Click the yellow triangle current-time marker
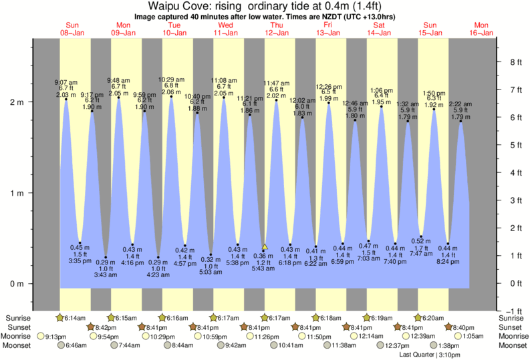[265, 246]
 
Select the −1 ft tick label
[512, 311]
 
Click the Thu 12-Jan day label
[276, 29]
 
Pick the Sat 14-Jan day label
[379, 29]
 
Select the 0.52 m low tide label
[422, 240]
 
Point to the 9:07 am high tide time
[66, 83]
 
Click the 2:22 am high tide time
[460, 104]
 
